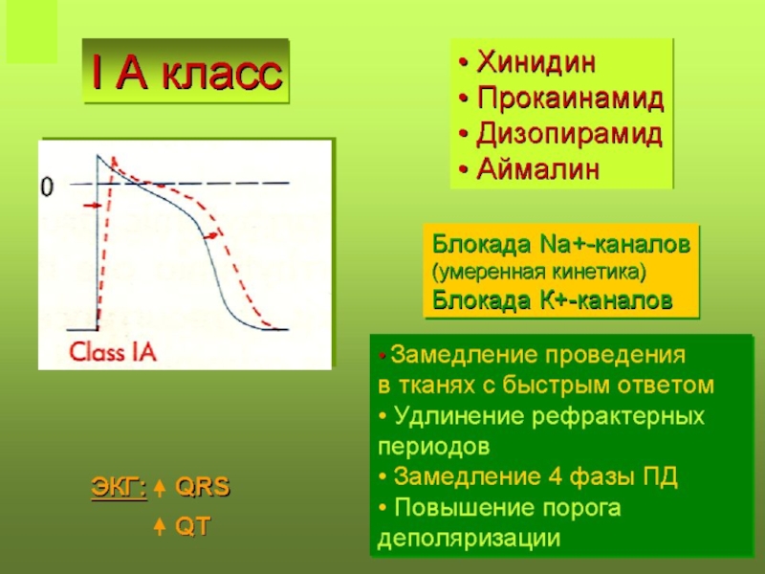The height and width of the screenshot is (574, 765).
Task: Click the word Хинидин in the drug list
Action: tap(536, 61)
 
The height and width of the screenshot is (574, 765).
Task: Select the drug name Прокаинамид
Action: tap(570, 98)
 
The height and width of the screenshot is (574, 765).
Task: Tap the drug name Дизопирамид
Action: tap(569, 134)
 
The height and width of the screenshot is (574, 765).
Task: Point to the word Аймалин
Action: tap(537, 169)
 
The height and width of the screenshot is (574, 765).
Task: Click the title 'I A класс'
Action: tap(186, 74)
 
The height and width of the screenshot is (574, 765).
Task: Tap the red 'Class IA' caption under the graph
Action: tap(112, 351)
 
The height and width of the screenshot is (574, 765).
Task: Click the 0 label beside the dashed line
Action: tap(47, 187)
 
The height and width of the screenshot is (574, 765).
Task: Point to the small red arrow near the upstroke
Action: tap(92, 206)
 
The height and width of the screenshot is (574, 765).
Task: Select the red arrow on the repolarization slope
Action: tap(210, 236)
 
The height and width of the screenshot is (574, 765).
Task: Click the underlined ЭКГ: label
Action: tap(119, 487)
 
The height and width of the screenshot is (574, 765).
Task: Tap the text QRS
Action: tap(202, 487)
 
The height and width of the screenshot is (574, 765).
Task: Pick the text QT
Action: tap(193, 526)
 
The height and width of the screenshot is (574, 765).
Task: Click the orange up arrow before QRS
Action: tap(160, 488)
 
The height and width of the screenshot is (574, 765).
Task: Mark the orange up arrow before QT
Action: tap(160, 527)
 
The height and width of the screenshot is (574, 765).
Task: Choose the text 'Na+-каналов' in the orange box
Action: tap(615, 244)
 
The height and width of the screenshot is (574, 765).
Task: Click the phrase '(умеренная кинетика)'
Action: tap(539, 272)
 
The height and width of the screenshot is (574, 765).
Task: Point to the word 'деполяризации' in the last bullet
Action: tap(469, 538)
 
